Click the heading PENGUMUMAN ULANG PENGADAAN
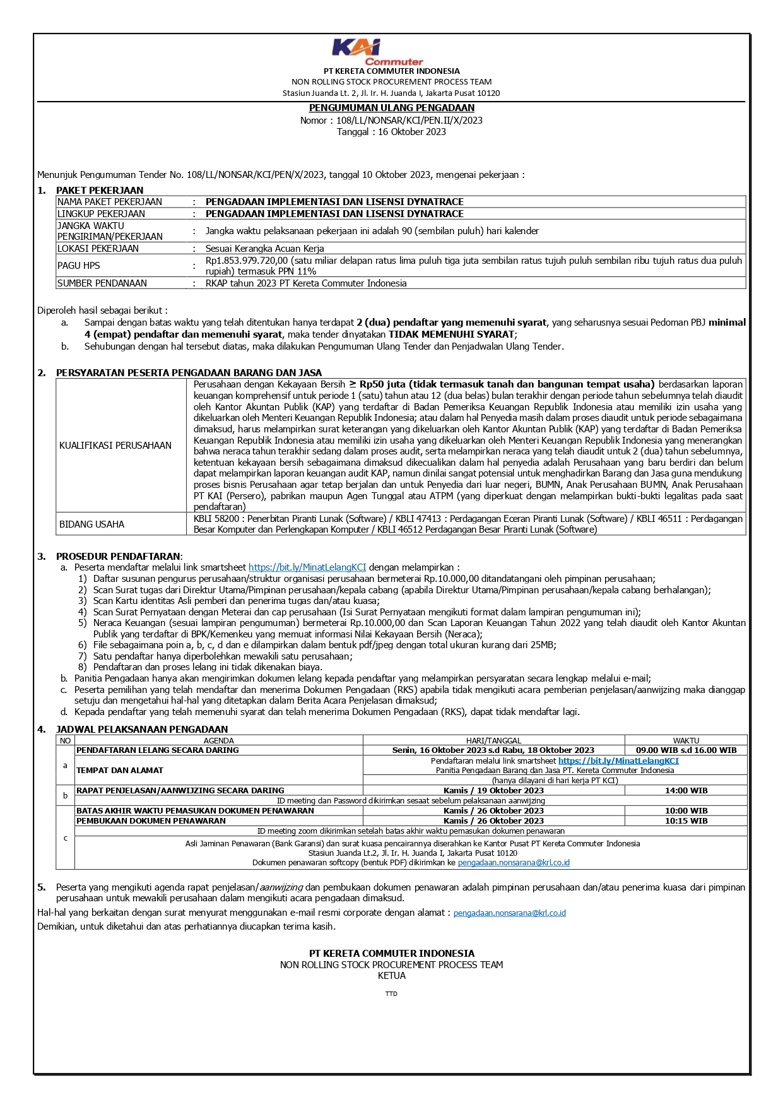(391, 108)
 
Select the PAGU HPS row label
(79, 266)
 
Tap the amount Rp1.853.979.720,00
(247, 260)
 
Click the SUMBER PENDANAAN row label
(102, 283)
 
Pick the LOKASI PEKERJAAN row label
(98, 249)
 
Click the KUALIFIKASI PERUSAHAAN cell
(115, 446)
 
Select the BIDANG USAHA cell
(92, 524)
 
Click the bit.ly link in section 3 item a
(307, 567)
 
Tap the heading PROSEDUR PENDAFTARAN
(118, 556)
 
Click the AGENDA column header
(219, 740)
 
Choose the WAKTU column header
(686, 740)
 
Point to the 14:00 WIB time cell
(686, 790)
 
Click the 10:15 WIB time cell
(686, 821)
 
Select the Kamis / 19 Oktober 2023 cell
(493, 790)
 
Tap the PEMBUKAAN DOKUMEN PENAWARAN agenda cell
(151, 821)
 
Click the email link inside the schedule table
(514, 863)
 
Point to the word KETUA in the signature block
(392, 976)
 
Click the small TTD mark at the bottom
(391, 994)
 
